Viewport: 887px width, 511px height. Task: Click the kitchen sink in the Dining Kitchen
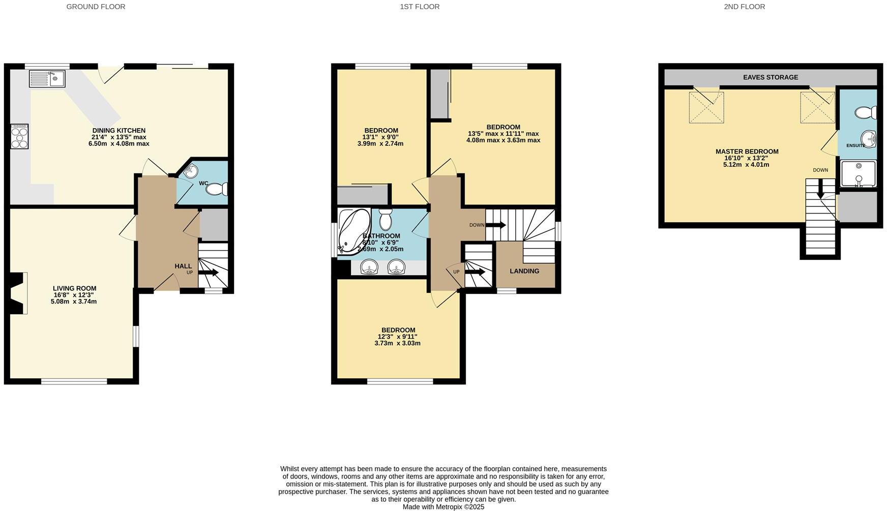47,79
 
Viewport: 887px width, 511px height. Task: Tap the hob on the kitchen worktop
19,136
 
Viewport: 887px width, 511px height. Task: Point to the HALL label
183,266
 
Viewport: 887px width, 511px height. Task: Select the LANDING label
524,271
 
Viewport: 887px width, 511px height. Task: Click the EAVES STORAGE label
770,77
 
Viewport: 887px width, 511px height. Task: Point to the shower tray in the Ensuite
859,174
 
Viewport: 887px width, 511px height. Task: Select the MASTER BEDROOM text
747,152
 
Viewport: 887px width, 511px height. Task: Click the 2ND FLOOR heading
744,7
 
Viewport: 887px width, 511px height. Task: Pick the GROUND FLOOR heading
96,7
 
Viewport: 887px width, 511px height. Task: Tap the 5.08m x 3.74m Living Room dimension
74,302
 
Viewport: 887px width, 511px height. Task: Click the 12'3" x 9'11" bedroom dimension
397,337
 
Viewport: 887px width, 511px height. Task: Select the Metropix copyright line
443,507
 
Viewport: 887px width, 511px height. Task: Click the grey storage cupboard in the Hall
214,224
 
